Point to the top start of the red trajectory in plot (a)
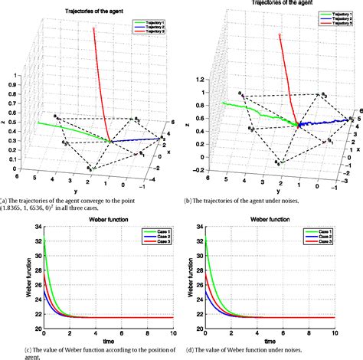click(x=94, y=28)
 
